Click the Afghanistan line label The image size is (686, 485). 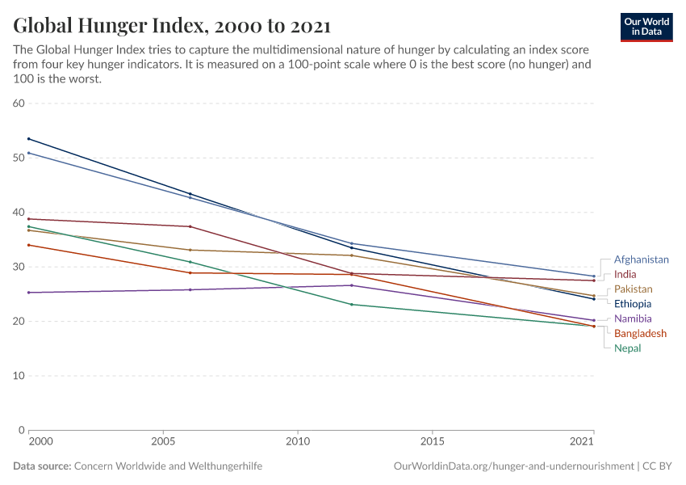click(641, 259)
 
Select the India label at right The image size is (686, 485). click(625, 274)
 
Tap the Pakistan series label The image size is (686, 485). click(633, 289)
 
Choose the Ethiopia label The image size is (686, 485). click(632, 304)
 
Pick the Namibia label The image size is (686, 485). click(632, 318)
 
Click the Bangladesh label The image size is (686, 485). click(640, 333)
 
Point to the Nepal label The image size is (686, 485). click(627, 348)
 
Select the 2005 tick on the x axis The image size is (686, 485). click(163, 442)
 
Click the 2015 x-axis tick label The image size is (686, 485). click(433, 442)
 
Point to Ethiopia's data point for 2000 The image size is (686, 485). click(28, 139)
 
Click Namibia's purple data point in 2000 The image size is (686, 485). click(28, 293)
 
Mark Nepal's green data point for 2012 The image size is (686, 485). click(351, 304)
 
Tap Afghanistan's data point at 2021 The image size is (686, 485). click(593, 276)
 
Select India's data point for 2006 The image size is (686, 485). click(190, 226)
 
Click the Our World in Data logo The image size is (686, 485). click(646, 27)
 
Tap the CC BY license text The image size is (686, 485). click(658, 466)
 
